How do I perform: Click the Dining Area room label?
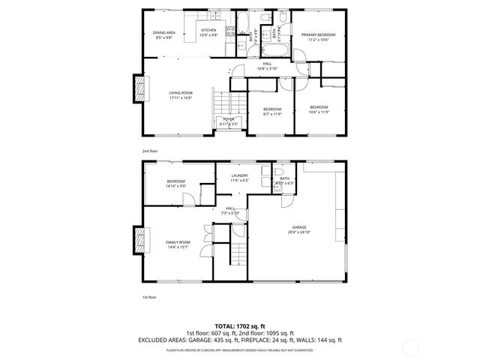click(164, 33)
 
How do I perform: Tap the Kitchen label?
click(208, 31)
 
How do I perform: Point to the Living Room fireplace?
click(138, 89)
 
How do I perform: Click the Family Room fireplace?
click(138, 240)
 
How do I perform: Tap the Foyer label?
click(228, 119)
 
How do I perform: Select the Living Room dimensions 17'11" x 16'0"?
click(181, 97)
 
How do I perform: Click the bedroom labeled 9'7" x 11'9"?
click(271, 109)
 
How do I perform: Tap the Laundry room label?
click(239, 176)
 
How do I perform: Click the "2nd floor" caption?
click(150, 151)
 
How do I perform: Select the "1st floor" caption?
click(149, 298)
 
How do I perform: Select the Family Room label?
click(178, 242)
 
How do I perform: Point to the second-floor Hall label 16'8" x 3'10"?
click(266, 67)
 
